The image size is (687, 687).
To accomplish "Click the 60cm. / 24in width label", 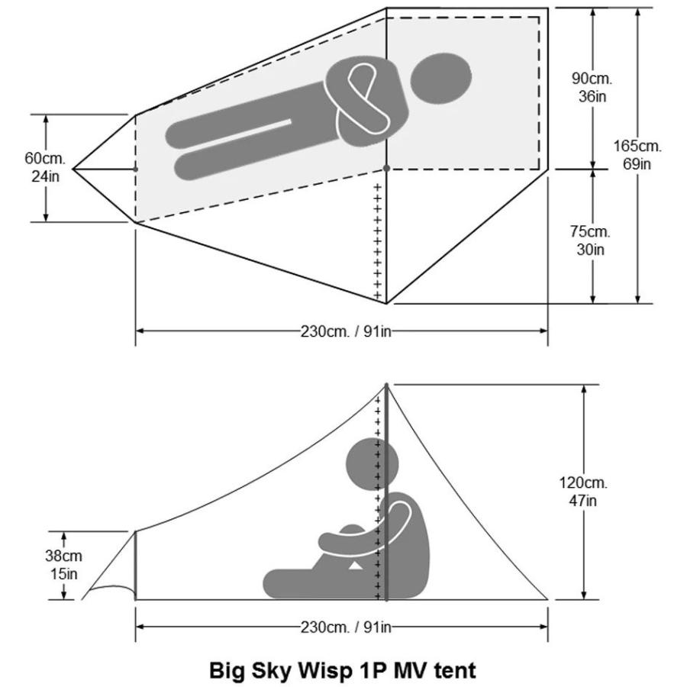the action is pyautogui.click(x=45, y=167).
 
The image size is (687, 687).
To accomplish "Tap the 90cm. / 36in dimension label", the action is pyautogui.click(x=592, y=87).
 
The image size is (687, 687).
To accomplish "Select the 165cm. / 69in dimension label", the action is pyautogui.click(x=637, y=155).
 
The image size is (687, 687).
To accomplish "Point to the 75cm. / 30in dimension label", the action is pyautogui.click(x=590, y=240).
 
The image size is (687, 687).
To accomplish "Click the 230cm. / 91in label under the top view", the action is pyautogui.click(x=346, y=331).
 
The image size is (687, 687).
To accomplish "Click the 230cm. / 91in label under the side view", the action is pyautogui.click(x=346, y=627).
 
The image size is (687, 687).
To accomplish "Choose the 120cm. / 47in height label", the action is pyautogui.click(x=583, y=491).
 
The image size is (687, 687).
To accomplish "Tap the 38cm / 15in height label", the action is pyautogui.click(x=63, y=564).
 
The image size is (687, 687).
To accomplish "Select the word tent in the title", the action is pyautogui.click(x=455, y=670).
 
